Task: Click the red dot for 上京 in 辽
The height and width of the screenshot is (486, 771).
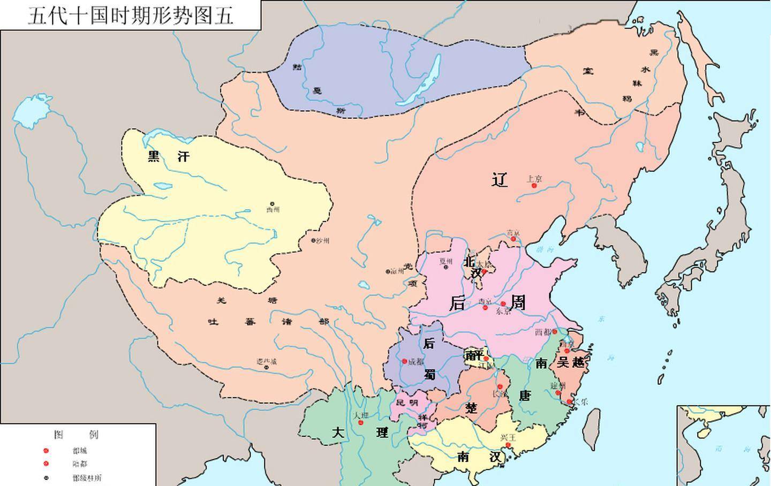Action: click(x=534, y=185)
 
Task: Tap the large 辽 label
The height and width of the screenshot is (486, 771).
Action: click(x=500, y=180)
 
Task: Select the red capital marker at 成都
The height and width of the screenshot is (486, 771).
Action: click(x=404, y=361)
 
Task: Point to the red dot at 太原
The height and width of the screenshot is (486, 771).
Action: click(x=484, y=271)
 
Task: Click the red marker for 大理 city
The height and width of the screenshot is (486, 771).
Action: click(x=360, y=423)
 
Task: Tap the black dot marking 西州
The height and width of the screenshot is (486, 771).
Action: click(x=272, y=204)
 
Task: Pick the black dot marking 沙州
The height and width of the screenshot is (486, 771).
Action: click(x=314, y=240)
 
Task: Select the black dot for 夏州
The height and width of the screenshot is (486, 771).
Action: click(x=446, y=267)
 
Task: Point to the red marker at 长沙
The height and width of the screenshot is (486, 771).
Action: click(x=500, y=386)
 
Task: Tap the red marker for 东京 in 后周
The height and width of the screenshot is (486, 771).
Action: click(x=503, y=303)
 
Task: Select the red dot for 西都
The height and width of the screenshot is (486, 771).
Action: click(x=555, y=332)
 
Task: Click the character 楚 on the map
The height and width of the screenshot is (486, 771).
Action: click(x=471, y=408)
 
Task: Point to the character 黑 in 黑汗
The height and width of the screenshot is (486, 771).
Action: click(x=154, y=157)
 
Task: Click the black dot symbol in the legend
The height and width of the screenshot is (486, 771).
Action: click(x=46, y=477)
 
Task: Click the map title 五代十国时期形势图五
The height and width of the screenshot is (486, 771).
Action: click(x=131, y=15)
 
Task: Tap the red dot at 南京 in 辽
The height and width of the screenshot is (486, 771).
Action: click(x=513, y=239)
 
